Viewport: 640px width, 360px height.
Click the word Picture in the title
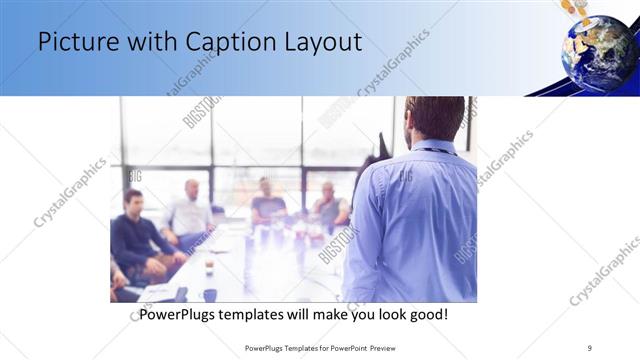click(73, 43)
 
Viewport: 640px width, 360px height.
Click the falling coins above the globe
click(574, 10)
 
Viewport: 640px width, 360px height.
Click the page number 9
click(590, 348)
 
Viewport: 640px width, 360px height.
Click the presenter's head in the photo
click(435, 118)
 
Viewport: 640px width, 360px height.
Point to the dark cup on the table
click(209, 294)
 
